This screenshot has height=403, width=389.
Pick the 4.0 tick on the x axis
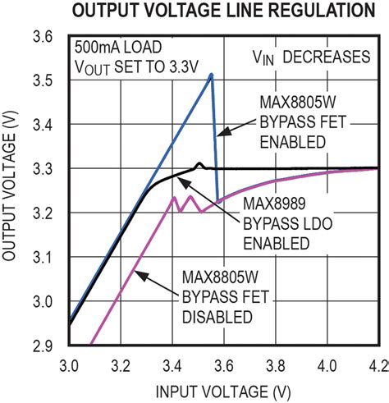pyautogui.click(x=327, y=361)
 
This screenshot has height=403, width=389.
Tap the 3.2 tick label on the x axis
pyautogui.click(x=120, y=361)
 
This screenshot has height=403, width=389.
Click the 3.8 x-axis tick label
pyautogui.click(x=275, y=361)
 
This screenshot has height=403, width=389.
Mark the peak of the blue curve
pyautogui.click(x=211, y=75)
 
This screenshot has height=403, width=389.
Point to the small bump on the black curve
pyautogui.click(x=199, y=163)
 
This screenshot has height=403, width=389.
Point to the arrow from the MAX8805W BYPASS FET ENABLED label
pyautogui.click(x=237, y=126)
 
